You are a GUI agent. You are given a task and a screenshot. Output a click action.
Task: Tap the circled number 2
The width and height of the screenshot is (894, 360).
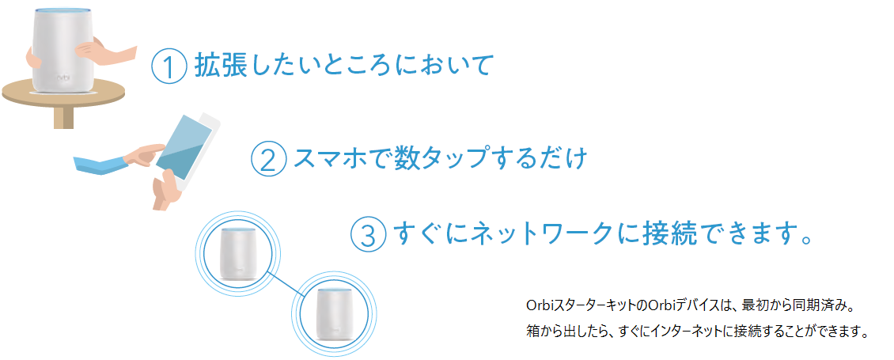point(268,159)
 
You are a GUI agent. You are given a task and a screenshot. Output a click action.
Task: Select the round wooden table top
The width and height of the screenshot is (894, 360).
point(63,94)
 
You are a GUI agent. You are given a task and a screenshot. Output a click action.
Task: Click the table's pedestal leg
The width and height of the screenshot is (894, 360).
point(64,118)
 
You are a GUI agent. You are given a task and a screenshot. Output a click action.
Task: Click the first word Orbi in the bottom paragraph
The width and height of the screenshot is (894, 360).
point(539,306)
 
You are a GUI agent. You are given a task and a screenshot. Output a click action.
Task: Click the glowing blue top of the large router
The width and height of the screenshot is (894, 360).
point(62,11)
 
